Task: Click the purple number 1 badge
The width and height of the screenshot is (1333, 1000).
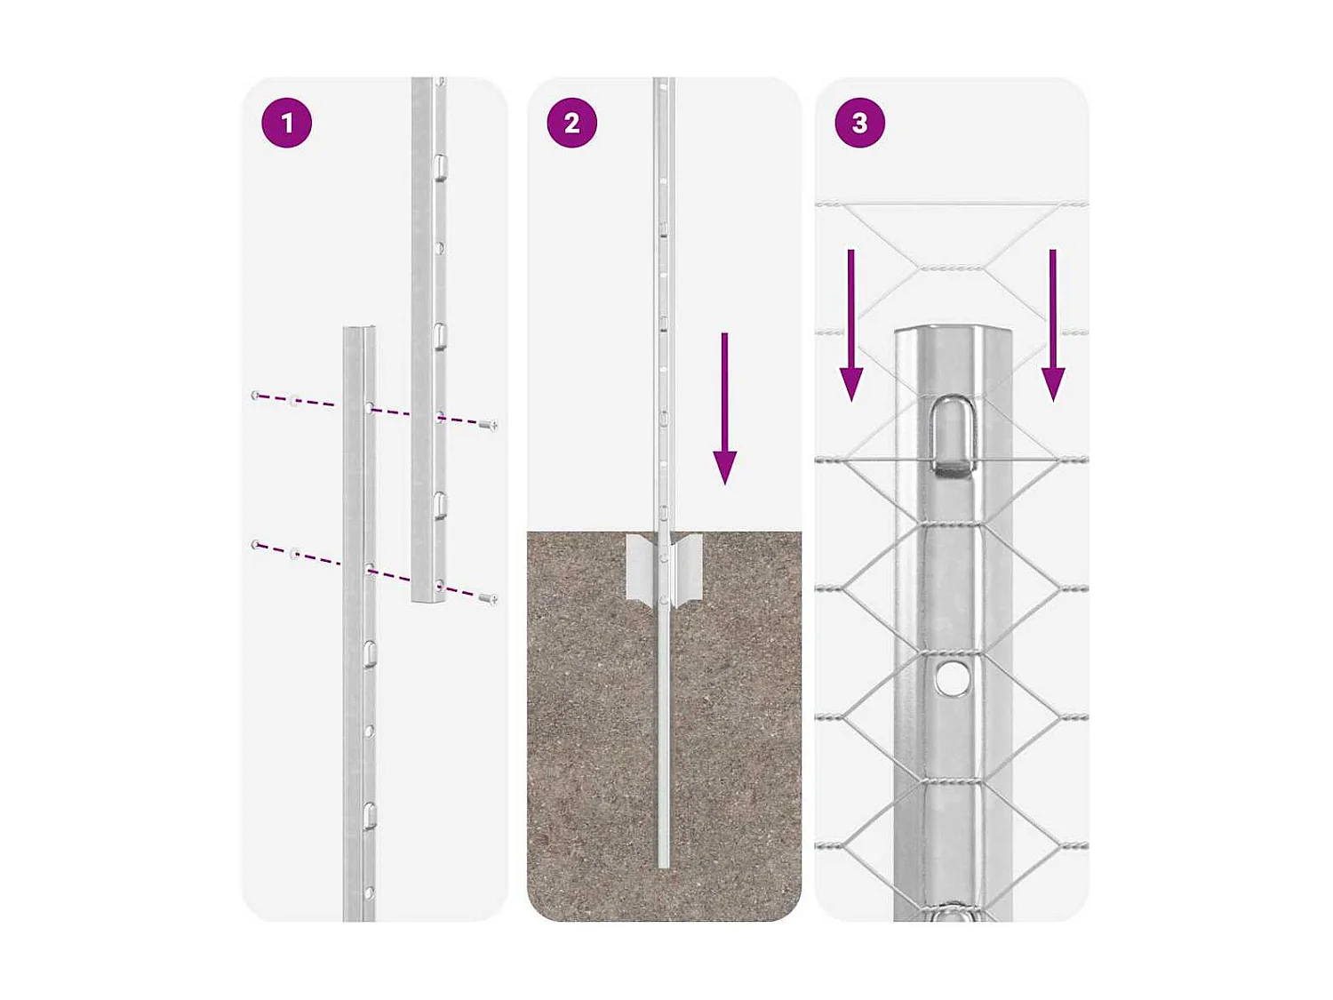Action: coord(286,123)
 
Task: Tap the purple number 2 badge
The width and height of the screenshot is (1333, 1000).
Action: coord(571,123)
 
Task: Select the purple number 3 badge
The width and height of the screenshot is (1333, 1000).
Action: coord(859,123)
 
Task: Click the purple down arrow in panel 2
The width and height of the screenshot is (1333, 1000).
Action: coord(724,409)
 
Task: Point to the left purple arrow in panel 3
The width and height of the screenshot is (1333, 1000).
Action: coord(851,325)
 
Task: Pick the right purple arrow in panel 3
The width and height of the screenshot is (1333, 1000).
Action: coord(1053,325)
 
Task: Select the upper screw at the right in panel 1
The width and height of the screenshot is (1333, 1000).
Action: coord(488,426)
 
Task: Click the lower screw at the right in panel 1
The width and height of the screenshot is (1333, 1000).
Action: coord(488,599)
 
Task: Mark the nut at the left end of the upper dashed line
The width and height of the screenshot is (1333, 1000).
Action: coord(256,395)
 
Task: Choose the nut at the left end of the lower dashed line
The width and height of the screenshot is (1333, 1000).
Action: coord(256,544)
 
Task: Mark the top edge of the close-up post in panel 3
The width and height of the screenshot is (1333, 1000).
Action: coord(952,330)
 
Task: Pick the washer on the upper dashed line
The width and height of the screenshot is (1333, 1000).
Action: coord(295,402)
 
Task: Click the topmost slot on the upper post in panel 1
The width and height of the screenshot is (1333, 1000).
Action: coord(439,164)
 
